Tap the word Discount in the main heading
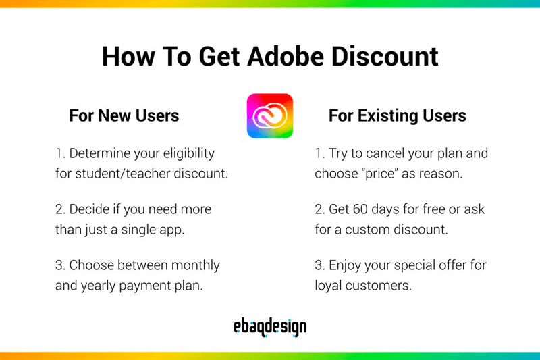pos(385,57)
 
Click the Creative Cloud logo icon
pos(270,115)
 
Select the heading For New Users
pos(124,116)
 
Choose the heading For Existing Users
pos(397,116)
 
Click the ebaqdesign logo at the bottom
pos(270,328)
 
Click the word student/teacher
pos(121,173)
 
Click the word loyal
pos(329,285)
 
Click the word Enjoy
pos(345,265)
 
